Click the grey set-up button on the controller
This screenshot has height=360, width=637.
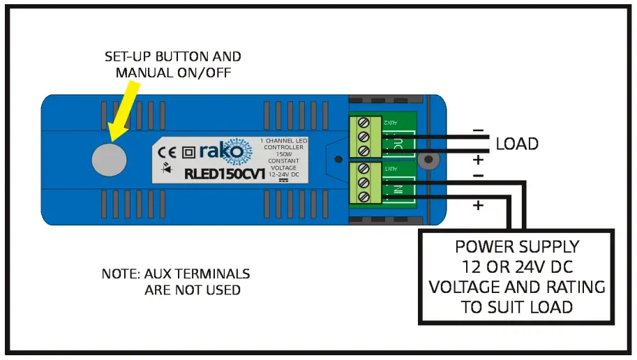(109, 159)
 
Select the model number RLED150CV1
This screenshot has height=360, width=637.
(224, 172)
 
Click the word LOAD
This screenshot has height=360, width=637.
(517, 144)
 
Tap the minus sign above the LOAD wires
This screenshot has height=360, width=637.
(477, 130)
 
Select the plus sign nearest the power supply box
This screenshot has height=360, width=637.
(478, 205)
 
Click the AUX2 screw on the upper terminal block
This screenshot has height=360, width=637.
(363, 123)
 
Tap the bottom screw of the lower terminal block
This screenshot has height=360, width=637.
(363, 196)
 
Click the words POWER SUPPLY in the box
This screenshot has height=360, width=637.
(516, 247)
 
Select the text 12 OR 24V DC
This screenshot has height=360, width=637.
(516, 267)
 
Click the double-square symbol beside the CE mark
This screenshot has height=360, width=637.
(188, 151)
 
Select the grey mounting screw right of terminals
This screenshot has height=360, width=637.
(430, 160)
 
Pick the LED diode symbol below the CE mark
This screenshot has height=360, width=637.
(167, 168)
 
